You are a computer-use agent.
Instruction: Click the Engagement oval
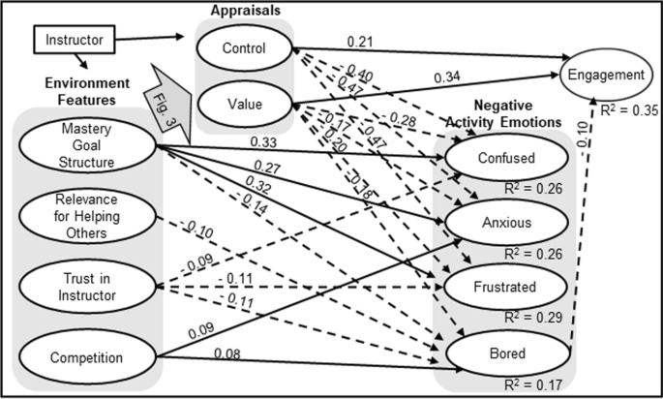(x=607, y=76)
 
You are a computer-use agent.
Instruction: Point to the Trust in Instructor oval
(x=86, y=288)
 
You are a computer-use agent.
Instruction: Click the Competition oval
(x=86, y=357)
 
